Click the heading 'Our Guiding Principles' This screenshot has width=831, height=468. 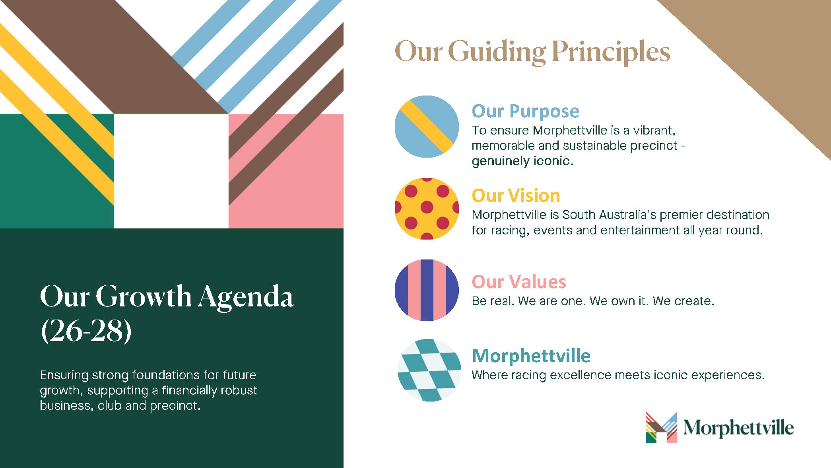(532, 52)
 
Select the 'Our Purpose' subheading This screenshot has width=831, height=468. (525, 111)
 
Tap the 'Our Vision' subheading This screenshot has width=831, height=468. (516, 195)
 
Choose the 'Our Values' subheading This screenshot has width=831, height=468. (519, 282)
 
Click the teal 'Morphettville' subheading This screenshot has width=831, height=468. (531, 356)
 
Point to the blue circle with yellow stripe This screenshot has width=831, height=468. (427, 127)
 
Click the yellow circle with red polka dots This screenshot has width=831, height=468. (427, 209)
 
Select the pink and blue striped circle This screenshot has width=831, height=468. (427, 290)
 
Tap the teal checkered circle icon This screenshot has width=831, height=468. (429, 370)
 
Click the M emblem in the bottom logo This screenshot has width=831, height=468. (661, 427)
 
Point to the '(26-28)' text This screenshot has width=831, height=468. (86, 330)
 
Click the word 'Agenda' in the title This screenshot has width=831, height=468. (246, 297)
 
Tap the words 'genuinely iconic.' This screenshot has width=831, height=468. (522, 161)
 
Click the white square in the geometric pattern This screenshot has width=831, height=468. (171, 171)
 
